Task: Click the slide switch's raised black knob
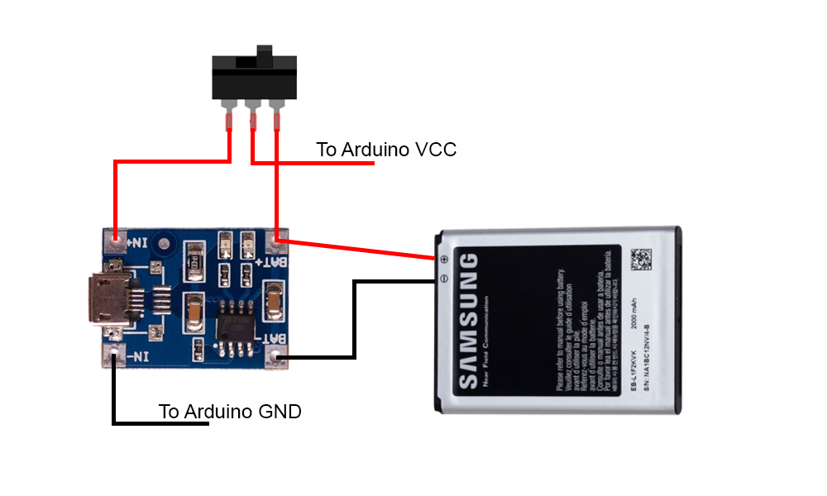click(265, 56)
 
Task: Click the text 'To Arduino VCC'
click(386, 150)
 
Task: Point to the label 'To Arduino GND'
click(230, 411)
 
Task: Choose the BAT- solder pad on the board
click(278, 358)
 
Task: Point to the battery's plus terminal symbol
click(444, 260)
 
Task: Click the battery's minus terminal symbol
click(444, 279)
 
